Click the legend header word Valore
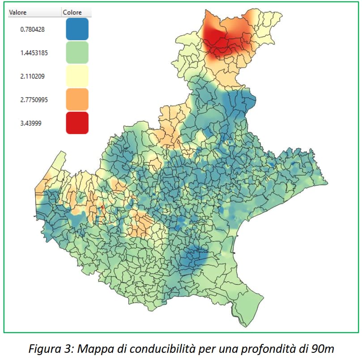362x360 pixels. (x=18, y=13)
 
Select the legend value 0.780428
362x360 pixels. (x=32, y=30)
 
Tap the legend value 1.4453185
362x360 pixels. (x=34, y=53)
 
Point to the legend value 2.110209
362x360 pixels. (x=32, y=76)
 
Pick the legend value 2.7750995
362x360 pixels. (x=34, y=99)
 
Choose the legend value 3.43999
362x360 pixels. (x=31, y=123)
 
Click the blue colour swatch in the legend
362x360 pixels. (x=77, y=29)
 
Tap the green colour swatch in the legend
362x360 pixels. (x=77, y=52)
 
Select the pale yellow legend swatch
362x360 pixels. (x=77, y=76)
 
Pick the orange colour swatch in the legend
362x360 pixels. (x=77, y=99)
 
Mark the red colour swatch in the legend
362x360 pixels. (x=77, y=123)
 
